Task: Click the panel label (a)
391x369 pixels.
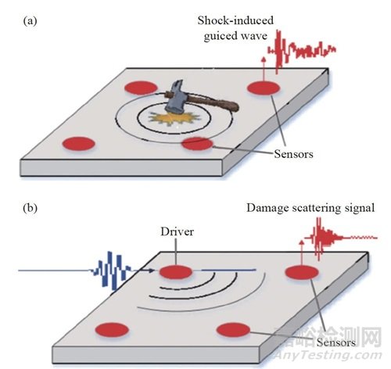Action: pyautogui.click(x=30, y=21)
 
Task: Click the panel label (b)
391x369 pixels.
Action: pyautogui.click(x=30, y=208)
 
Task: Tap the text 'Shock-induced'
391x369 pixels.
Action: pyautogui.click(x=235, y=20)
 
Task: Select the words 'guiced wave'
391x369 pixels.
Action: pyautogui.click(x=235, y=36)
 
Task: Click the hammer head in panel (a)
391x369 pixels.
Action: pyautogui.click(x=175, y=95)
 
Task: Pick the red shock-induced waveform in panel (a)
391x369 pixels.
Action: pyautogui.click(x=302, y=51)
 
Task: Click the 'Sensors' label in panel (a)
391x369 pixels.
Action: pyautogui.click(x=293, y=154)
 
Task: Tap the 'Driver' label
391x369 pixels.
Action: pyautogui.click(x=177, y=231)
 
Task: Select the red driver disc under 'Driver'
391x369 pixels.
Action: pyautogui.click(x=176, y=272)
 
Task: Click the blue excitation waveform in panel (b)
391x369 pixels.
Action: pyautogui.click(x=110, y=270)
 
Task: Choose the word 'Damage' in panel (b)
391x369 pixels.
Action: pyautogui.click(x=267, y=209)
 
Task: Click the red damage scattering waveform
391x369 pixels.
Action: pyautogui.click(x=340, y=238)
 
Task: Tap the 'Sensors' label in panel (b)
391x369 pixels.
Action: pyautogui.click(x=336, y=342)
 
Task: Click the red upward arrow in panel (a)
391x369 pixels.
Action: pyautogui.click(x=264, y=70)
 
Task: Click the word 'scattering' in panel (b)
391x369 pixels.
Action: pyautogui.click(x=317, y=209)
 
